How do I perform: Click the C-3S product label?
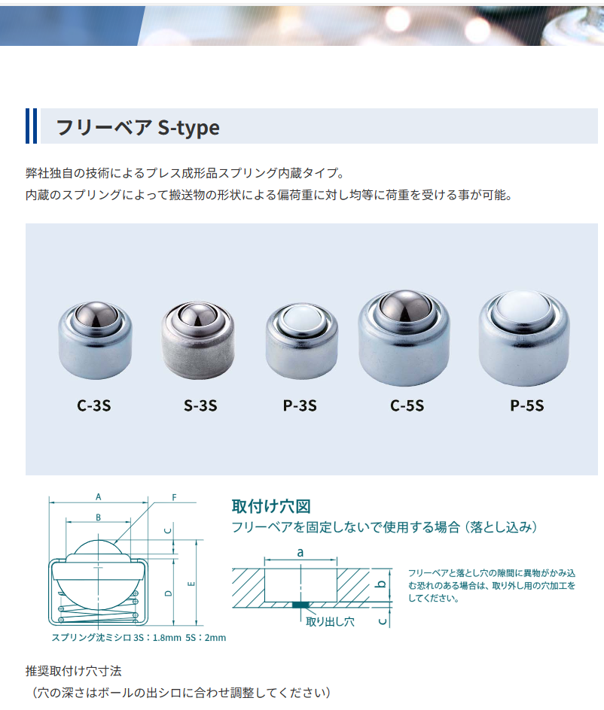pyautogui.click(x=94, y=406)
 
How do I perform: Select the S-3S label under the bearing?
pyautogui.click(x=200, y=406)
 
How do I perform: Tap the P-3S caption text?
pyautogui.click(x=300, y=406)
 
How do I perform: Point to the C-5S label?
pyautogui.click(x=407, y=406)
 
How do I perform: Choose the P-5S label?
pyautogui.click(x=526, y=406)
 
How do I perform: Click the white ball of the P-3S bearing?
pyautogui.click(x=300, y=319)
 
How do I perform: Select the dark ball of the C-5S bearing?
pyautogui.click(x=406, y=307)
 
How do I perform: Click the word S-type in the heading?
pyautogui.click(x=188, y=127)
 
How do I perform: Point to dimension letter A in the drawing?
pyautogui.click(x=99, y=497)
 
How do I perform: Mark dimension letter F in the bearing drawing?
pyautogui.click(x=174, y=497)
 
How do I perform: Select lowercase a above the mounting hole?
pyautogui.click(x=300, y=552)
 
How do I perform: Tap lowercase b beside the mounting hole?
pyautogui.click(x=381, y=584)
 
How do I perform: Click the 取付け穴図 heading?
pyautogui.click(x=270, y=506)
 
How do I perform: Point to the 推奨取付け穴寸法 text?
pyautogui.click(x=74, y=670)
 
